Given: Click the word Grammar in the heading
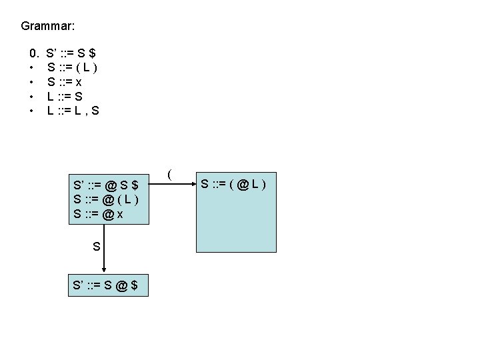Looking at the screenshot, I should (x=48, y=27).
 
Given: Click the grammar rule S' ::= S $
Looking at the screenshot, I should (x=73, y=52).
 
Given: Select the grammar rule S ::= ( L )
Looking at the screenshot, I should (x=73, y=67).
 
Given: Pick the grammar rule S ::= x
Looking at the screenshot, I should (x=65, y=81).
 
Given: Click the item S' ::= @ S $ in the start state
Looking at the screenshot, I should (x=106, y=184).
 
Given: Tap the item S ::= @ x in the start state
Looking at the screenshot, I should (x=98, y=213).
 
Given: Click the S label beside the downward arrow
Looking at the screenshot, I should (x=97, y=247).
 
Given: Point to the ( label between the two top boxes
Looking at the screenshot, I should (x=171, y=175).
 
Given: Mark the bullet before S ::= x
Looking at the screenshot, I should (x=31, y=81).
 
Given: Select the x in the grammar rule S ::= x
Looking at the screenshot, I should (x=79, y=82).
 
